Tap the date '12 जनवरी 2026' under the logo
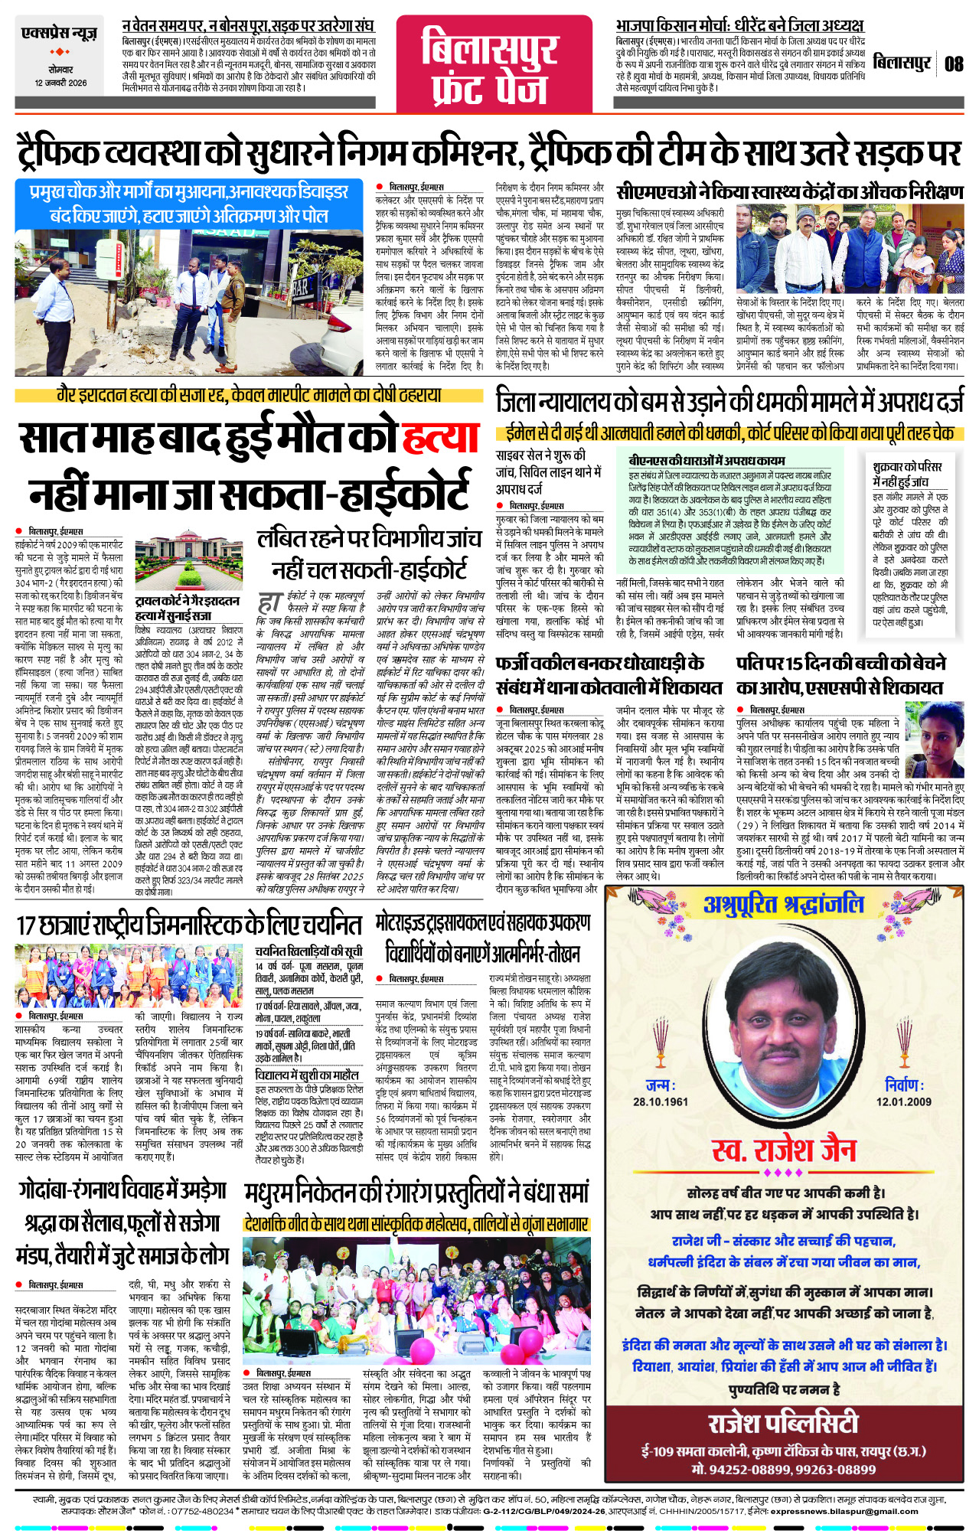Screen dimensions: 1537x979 60,83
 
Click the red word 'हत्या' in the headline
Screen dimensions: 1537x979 440,439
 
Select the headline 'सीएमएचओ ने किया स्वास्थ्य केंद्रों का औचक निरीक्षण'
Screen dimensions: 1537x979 789,191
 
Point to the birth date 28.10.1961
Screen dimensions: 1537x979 660,1101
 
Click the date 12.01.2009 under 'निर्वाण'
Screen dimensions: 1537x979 904,1101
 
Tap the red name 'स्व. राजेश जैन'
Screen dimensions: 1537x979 784,1150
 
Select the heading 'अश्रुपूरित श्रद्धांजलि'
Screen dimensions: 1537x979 783,906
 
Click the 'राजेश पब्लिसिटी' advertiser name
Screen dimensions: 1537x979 783,1423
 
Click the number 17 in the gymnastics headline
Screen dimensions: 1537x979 27,925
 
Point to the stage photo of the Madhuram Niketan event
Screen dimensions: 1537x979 417,1297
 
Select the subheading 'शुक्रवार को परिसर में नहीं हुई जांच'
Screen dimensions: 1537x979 908,474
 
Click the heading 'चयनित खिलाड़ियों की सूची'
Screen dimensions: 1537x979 308,951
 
